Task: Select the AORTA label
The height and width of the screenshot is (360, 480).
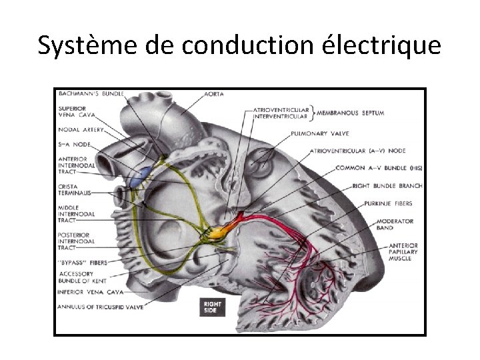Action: coord(213,95)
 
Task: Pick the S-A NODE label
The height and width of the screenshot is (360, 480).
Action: coord(74,144)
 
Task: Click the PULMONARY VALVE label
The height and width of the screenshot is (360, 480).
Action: coord(317,133)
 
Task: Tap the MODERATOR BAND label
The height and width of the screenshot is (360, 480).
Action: coord(395,225)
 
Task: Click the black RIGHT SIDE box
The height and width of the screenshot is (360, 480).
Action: coord(213,307)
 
